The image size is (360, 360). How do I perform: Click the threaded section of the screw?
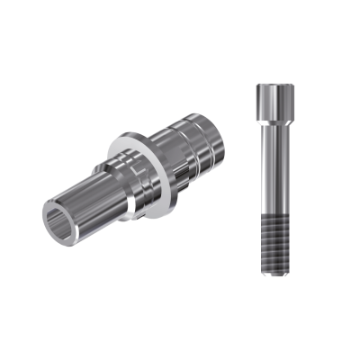[x=272, y=238]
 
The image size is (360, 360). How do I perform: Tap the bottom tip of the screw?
[x=272, y=270]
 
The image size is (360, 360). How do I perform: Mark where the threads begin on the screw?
[x=272, y=214]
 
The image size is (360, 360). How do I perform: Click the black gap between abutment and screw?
[x=234, y=180]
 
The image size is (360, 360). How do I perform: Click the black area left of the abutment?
[x=18, y=180]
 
